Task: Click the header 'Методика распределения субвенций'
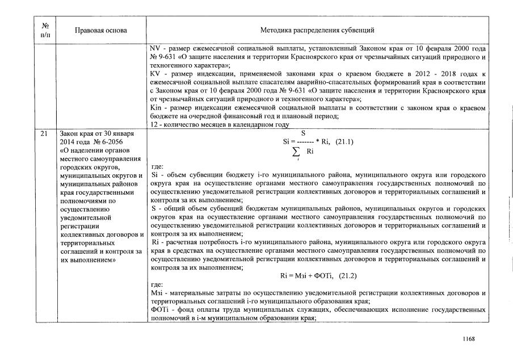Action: (x=317, y=30)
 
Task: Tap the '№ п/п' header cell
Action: (x=45, y=30)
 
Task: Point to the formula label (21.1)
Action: (x=342, y=142)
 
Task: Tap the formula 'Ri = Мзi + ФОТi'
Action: (x=306, y=275)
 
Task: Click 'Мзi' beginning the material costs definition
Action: (x=157, y=292)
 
